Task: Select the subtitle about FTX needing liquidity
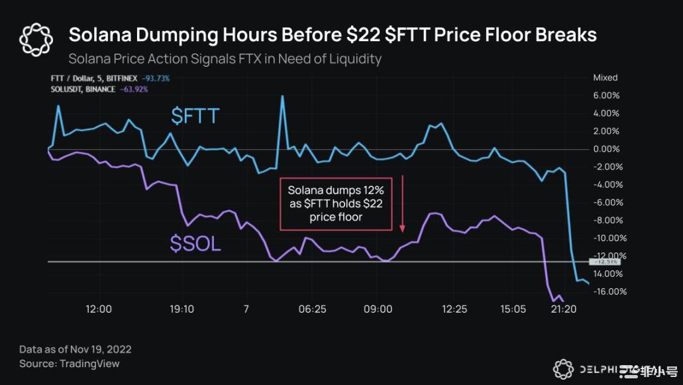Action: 225,59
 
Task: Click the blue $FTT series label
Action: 195,117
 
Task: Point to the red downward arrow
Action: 402,204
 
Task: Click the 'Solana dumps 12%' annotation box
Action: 336,203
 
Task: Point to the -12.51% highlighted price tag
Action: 602,261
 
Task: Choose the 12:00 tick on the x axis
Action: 99,309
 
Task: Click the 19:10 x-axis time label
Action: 182,309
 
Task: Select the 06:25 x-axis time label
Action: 312,309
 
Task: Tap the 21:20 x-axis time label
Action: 562,309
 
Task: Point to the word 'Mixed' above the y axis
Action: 605,78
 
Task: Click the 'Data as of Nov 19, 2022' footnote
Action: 75,349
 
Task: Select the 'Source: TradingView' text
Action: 69,364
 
